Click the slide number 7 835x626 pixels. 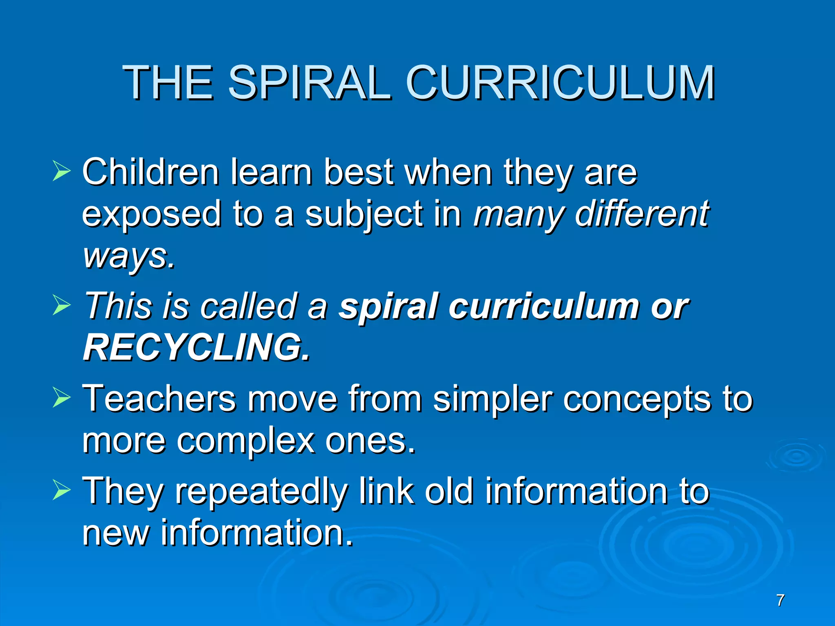click(x=780, y=600)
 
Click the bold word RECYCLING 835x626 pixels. click(x=196, y=348)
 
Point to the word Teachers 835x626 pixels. click(x=159, y=399)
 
